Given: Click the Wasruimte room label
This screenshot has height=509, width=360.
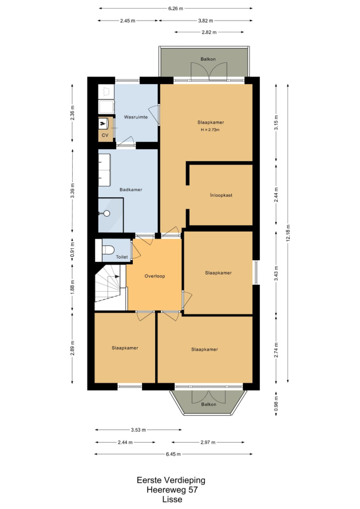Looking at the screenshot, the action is pyautogui.click(x=136, y=117).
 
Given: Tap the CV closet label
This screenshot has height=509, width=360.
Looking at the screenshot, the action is pyautogui.click(x=105, y=135).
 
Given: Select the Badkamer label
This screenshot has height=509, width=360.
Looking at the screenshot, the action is pyautogui.click(x=130, y=189).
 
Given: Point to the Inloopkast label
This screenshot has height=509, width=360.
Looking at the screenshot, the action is pyautogui.click(x=221, y=196).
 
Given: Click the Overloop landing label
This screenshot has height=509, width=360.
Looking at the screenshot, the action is pyautogui.click(x=155, y=276).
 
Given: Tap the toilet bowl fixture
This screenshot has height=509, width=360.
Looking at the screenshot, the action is pyautogui.click(x=108, y=250).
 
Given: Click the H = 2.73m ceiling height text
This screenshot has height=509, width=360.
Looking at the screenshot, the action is pyautogui.click(x=210, y=130).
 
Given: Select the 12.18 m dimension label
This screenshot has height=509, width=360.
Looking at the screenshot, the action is pyautogui.click(x=288, y=233).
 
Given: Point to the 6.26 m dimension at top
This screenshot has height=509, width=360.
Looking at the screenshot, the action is pyautogui.click(x=176, y=9).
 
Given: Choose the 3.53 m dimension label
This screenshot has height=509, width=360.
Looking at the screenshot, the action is pyautogui.click(x=139, y=430).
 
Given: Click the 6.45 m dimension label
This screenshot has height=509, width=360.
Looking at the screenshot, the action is pyautogui.click(x=173, y=454).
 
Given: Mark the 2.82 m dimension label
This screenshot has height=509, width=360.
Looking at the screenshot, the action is pyautogui.click(x=209, y=32).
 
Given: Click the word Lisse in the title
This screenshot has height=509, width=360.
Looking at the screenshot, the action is pyautogui.click(x=172, y=499).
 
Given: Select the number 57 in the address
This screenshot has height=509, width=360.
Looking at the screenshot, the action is pyautogui.click(x=193, y=490).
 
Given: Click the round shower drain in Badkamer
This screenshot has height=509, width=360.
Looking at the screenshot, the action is pyautogui.click(x=106, y=213).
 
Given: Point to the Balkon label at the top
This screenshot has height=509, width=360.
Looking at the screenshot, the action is pyautogui.click(x=208, y=59).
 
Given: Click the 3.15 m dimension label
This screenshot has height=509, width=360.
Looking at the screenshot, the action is pyautogui.click(x=276, y=123).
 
